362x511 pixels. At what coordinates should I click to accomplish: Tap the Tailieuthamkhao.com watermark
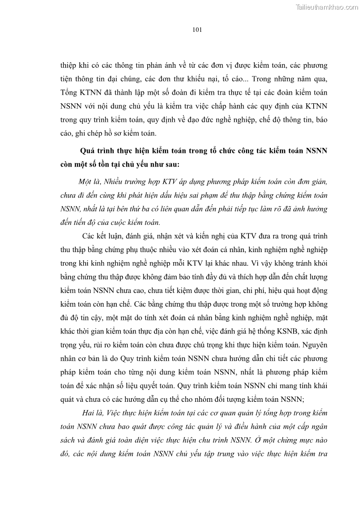(327, 6)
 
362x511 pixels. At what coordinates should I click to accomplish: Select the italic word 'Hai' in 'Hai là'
(89, 412)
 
